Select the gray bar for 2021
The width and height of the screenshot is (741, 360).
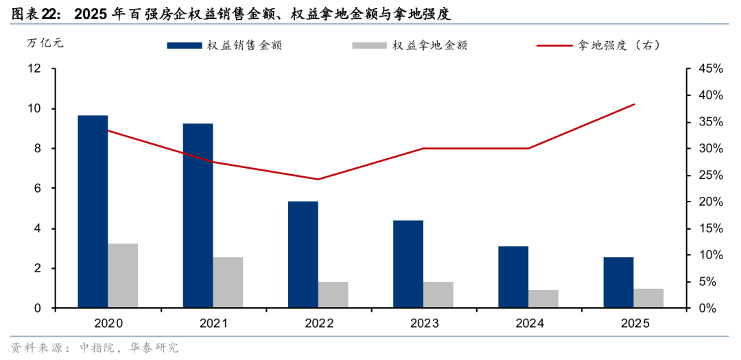point(228,283)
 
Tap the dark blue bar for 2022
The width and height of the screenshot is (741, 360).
point(303,254)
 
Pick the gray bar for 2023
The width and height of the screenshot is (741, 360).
point(438,295)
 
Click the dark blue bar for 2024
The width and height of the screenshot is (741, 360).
point(513,277)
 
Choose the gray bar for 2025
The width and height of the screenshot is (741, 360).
point(648,298)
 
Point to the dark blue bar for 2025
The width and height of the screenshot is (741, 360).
point(618,283)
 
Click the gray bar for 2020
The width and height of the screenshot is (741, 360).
point(123,276)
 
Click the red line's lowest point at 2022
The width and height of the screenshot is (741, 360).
point(318,180)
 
